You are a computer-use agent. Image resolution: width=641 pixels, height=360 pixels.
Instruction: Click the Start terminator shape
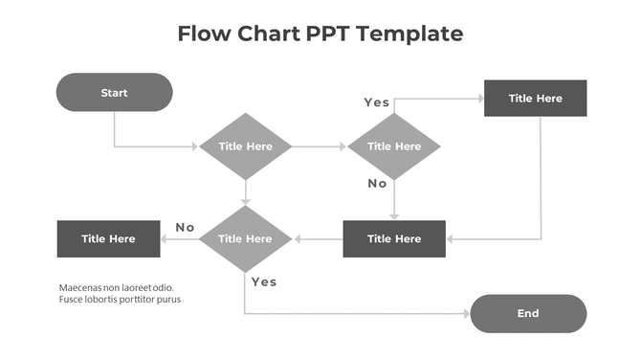click(114, 93)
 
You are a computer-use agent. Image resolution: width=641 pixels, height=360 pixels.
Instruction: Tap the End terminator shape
click(528, 313)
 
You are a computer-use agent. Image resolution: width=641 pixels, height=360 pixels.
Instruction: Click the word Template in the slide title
click(415, 34)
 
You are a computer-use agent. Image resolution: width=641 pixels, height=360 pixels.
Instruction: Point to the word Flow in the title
click(206, 34)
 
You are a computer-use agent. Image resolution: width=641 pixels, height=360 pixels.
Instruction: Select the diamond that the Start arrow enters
click(246, 146)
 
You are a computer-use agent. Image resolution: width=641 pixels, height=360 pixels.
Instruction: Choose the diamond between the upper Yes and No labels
click(393, 146)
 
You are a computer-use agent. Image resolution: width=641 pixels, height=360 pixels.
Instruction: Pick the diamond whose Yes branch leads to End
click(246, 238)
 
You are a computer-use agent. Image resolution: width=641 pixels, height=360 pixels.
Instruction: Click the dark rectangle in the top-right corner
click(535, 98)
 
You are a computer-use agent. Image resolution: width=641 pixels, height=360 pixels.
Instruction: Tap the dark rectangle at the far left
click(108, 238)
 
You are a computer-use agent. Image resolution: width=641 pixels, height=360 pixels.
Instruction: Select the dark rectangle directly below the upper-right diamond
click(393, 238)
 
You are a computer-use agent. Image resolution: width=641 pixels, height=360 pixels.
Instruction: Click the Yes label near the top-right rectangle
click(376, 102)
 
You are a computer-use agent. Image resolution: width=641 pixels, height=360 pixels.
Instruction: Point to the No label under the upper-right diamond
click(377, 183)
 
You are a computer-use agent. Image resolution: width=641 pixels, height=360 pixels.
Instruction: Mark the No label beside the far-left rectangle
click(185, 227)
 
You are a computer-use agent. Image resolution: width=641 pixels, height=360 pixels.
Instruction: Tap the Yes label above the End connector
click(263, 281)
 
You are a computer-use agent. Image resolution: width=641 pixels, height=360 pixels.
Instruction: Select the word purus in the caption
click(168, 300)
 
